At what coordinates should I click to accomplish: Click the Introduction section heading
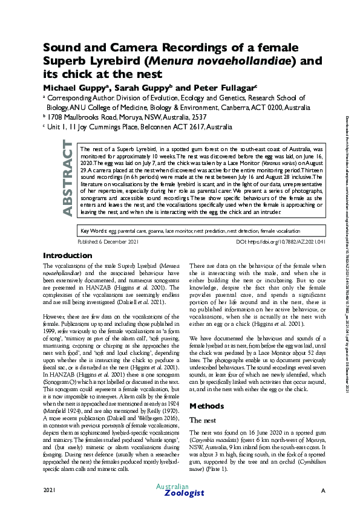click(x=68, y=272)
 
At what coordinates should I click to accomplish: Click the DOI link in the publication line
click(x=280, y=258)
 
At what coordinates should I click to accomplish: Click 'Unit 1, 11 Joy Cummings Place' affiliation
click(x=97, y=128)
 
